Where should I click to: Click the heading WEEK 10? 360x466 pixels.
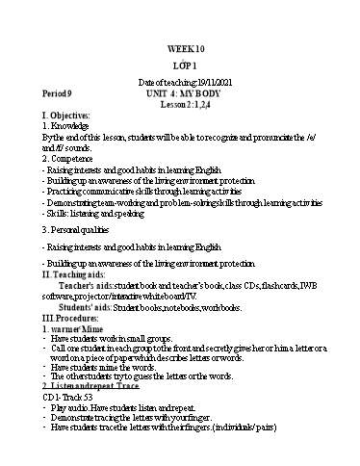pos(180,47)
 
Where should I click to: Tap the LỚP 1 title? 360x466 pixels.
pos(181,65)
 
